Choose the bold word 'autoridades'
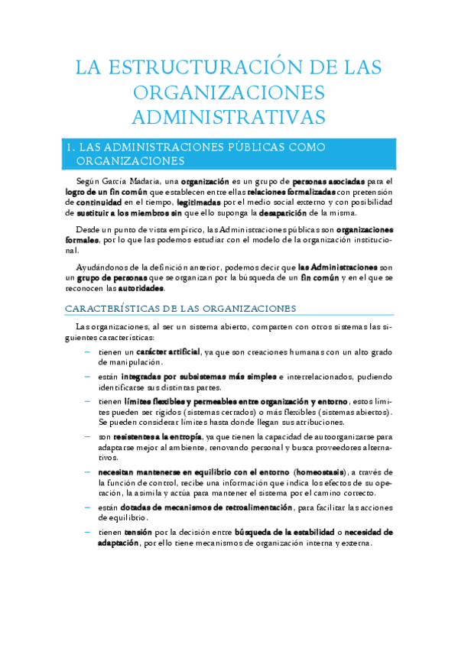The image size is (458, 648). tap(141, 289)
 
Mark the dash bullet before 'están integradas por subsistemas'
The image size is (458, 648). tap(87, 376)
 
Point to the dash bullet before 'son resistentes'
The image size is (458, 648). tap(87, 436)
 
